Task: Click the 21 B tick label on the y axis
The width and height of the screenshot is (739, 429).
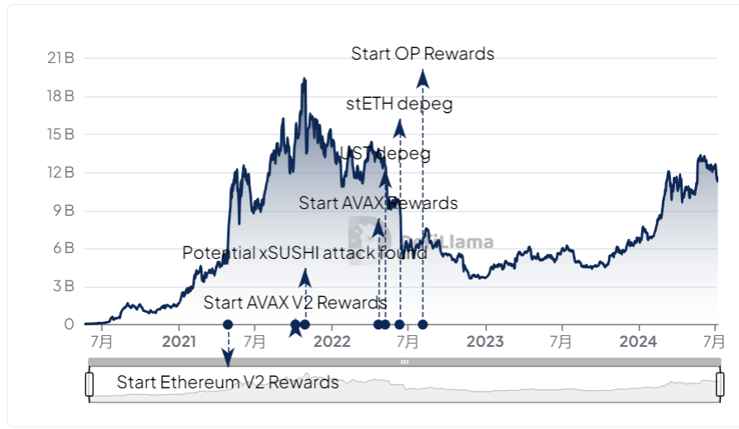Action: (x=61, y=58)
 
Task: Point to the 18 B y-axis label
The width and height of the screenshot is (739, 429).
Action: (x=61, y=96)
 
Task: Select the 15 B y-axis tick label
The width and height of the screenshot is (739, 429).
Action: (x=61, y=134)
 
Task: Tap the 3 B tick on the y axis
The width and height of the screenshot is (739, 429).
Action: (x=65, y=286)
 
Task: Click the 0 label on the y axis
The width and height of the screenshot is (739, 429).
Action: (x=70, y=324)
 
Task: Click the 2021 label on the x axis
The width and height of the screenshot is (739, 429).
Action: (x=178, y=341)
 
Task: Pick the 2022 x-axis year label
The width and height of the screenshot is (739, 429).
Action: (x=332, y=341)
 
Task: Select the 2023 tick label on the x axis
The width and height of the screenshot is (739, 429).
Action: (x=485, y=341)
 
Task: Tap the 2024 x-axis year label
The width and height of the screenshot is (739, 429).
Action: (x=638, y=341)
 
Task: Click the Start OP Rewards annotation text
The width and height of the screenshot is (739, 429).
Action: (x=423, y=54)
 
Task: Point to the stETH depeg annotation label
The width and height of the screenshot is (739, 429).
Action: (x=399, y=104)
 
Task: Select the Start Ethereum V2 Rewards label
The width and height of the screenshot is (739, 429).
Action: (x=228, y=383)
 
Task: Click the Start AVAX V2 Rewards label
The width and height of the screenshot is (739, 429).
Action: (x=295, y=302)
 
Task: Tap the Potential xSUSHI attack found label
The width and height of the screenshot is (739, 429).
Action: (x=304, y=253)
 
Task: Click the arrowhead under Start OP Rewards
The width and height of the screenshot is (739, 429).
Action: (x=423, y=78)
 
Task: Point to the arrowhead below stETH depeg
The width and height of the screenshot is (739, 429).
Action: (x=399, y=127)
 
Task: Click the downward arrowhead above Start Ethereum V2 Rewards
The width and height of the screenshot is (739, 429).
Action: (x=228, y=358)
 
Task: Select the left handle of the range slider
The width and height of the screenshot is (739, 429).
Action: (x=89, y=384)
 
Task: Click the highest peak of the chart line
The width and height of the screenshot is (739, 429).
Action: (x=304, y=79)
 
